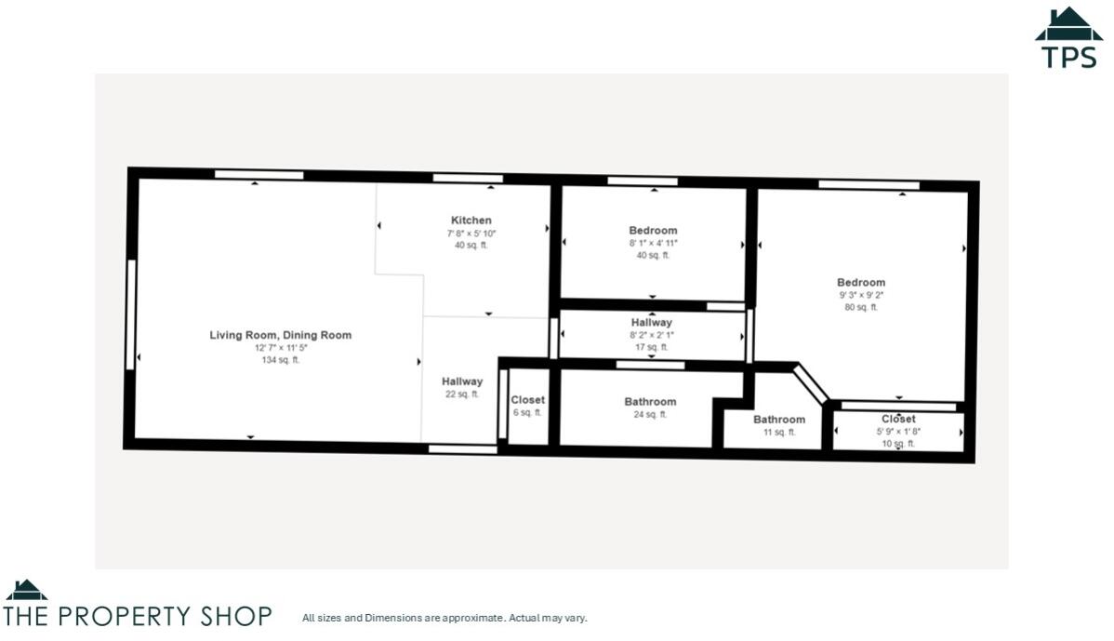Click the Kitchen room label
tap(471, 220)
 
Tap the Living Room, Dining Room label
tap(280, 335)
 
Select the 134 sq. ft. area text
tap(280, 360)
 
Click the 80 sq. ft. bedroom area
tap(860, 307)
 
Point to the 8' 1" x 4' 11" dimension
tap(653, 243)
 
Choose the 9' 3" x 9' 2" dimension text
tap(860, 295)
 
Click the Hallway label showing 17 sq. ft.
tap(651, 323)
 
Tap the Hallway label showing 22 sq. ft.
tap(462, 381)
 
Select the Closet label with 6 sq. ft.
tap(527, 400)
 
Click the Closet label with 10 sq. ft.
tap(898, 420)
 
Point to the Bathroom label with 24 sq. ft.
tap(650, 402)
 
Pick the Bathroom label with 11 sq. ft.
tap(779, 420)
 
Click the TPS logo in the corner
tap(1068, 38)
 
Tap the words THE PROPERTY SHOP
tap(138, 616)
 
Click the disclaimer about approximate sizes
tap(444, 618)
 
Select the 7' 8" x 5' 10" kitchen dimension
tap(471, 233)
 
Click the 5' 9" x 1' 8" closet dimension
tap(898, 432)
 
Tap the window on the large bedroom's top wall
tap(869, 185)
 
